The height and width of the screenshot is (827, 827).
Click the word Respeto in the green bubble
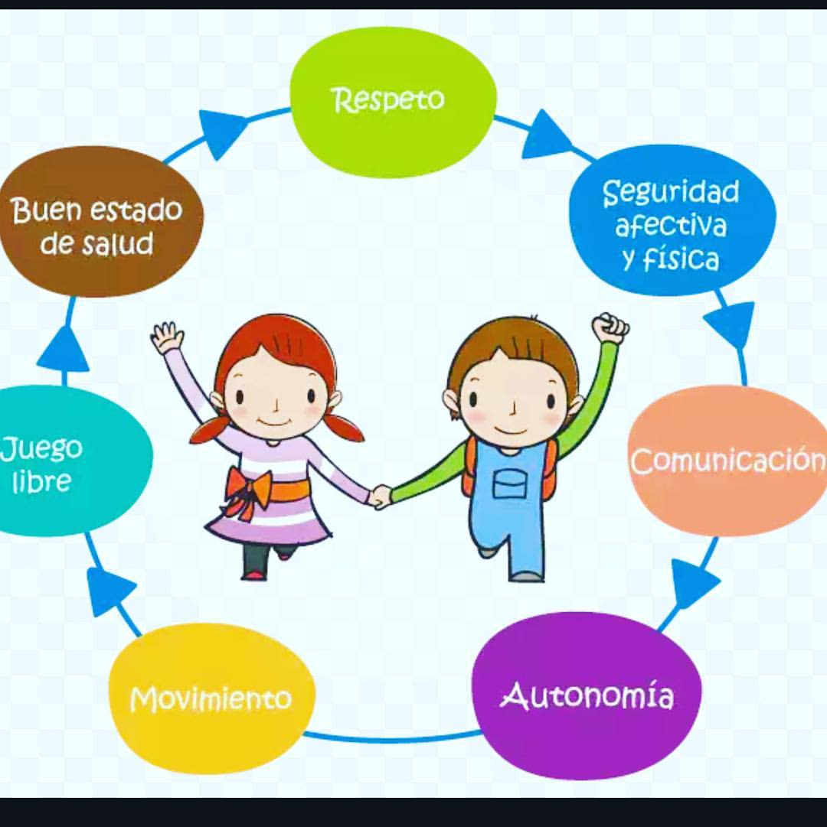[387, 100]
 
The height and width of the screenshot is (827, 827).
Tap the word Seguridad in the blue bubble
[671, 192]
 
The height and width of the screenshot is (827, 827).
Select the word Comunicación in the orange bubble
[728, 461]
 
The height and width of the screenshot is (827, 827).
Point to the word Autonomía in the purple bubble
[587, 695]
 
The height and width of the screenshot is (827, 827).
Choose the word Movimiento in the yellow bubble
[211, 699]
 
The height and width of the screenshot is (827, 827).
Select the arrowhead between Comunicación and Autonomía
[693, 581]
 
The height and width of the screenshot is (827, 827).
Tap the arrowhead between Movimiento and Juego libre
[108, 591]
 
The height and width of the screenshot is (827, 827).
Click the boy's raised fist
[610, 327]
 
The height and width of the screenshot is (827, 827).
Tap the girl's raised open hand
[167, 337]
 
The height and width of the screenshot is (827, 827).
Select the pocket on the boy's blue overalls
[510, 484]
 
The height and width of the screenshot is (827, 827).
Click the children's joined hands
[380, 497]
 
